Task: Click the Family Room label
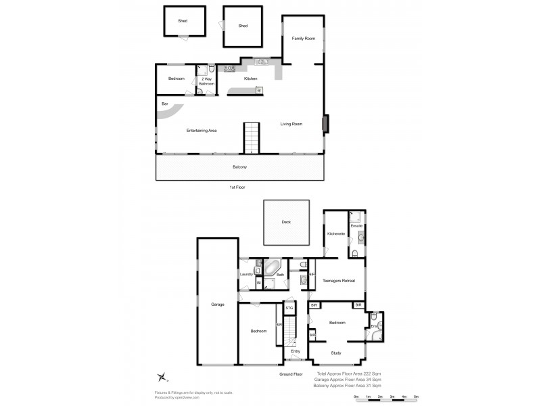pyautogui.click(x=304, y=39)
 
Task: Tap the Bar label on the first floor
pyautogui.click(x=164, y=104)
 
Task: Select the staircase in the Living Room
pyautogui.click(x=252, y=138)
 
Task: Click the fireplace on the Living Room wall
pyautogui.click(x=325, y=124)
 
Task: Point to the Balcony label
pyautogui.click(x=239, y=167)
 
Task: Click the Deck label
pyautogui.click(x=286, y=223)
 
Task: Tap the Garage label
pyautogui.click(x=217, y=304)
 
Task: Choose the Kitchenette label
pyautogui.click(x=336, y=233)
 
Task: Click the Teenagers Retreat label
pyautogui.click(x=339, y=280)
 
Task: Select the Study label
pyautogui.click(x=336, y=353)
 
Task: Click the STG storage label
pyautogui.click(x=289, y=309)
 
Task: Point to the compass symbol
pyautogui.click(x=162, y=376)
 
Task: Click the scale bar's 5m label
pyautogui.click(x=415, y=397)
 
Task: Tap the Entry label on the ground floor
pyautogui.click(x=296, y=351)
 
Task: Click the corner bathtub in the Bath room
pyautogui.click(x=273, y=267)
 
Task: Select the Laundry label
pyautogui.click(x=246, y=274)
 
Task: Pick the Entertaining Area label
pyautogui.click(x=202, y=130)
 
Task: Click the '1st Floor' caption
pyautogui.click(x=237, y=187)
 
